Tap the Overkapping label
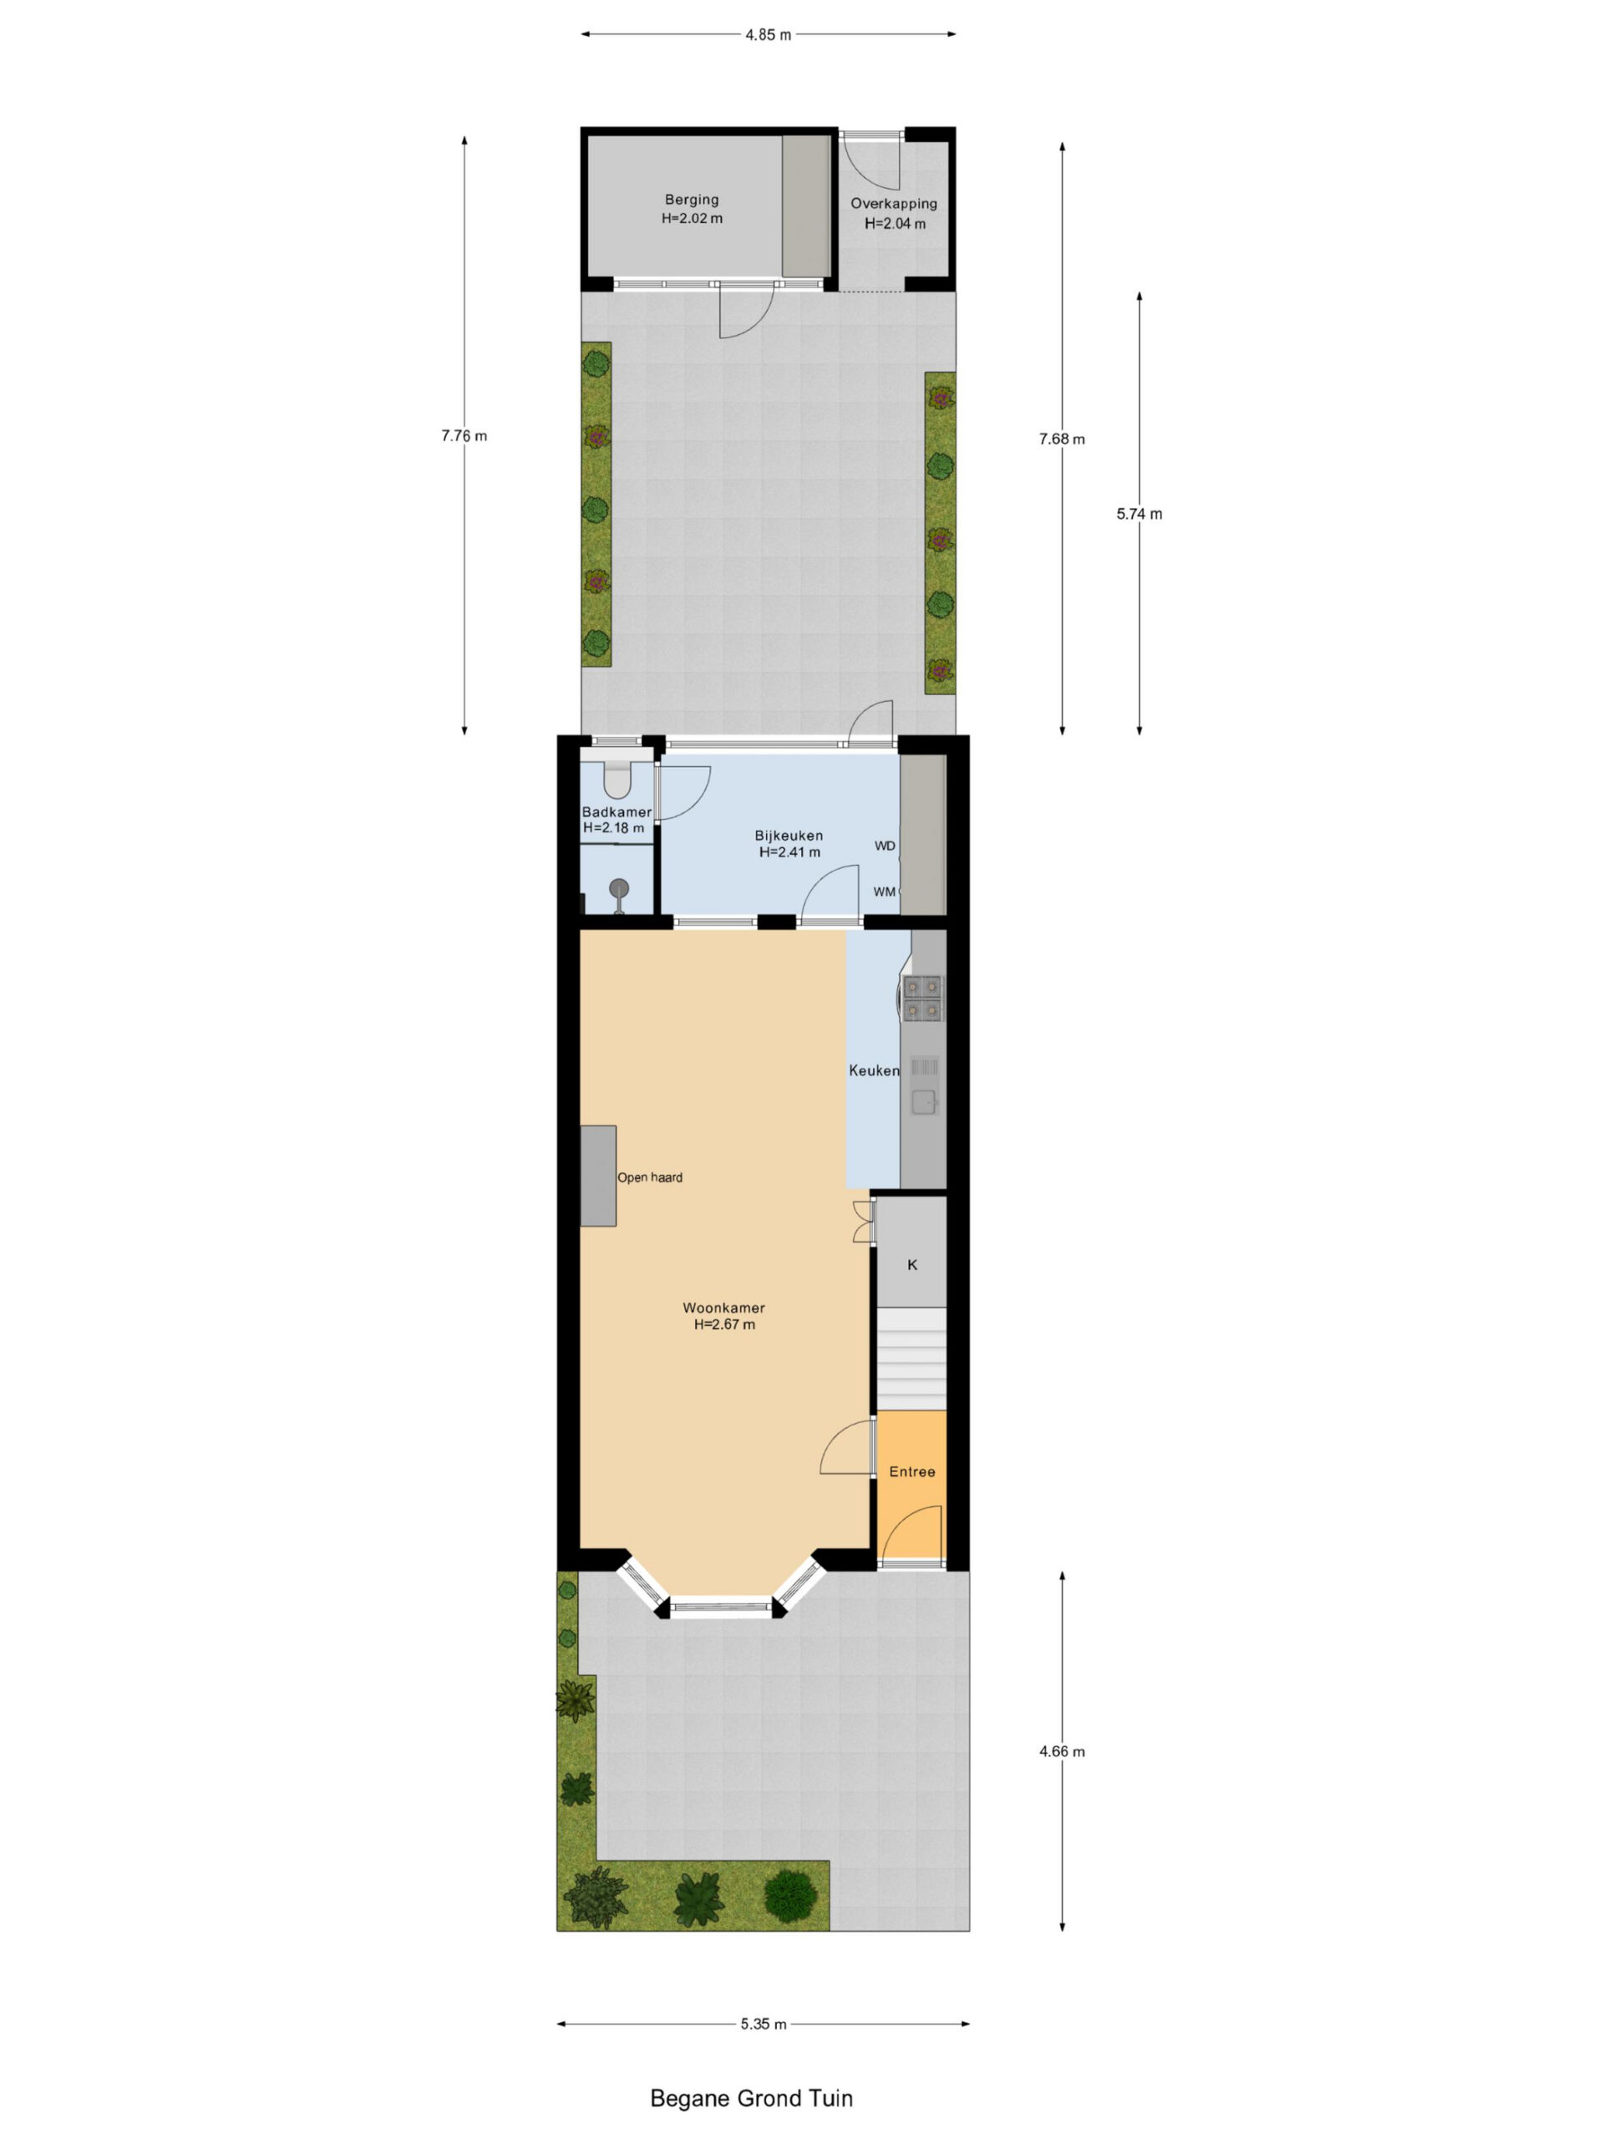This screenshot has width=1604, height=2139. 893,204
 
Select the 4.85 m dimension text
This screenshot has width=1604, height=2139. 768,35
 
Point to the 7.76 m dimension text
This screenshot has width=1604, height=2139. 464,436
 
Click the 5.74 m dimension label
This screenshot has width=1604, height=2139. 1139,515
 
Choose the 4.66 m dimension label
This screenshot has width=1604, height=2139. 1062,1751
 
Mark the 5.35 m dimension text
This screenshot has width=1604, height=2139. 764,2024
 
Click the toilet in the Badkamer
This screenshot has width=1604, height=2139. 617,779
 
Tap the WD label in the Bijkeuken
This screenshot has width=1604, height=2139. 885,846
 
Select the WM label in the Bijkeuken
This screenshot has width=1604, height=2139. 885,892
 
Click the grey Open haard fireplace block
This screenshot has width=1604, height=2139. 598,1176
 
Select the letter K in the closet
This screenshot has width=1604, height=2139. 911,1265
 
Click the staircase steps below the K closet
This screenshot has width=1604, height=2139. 911,1359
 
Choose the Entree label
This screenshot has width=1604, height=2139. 911,1471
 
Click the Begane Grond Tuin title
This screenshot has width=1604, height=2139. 751,2098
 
